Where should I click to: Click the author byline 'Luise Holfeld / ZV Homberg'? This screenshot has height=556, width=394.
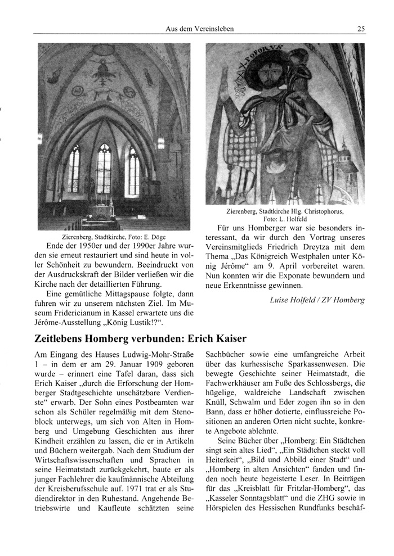tap(317, 300)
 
